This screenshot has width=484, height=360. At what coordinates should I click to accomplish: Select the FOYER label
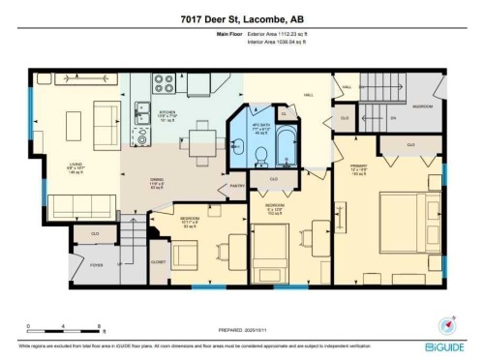tap(96, 264)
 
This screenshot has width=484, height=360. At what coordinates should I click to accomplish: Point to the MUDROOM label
tap(423, 105)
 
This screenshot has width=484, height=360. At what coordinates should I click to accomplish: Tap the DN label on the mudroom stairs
tap(394, 118)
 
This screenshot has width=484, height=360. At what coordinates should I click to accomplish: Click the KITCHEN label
tap(166, 112)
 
